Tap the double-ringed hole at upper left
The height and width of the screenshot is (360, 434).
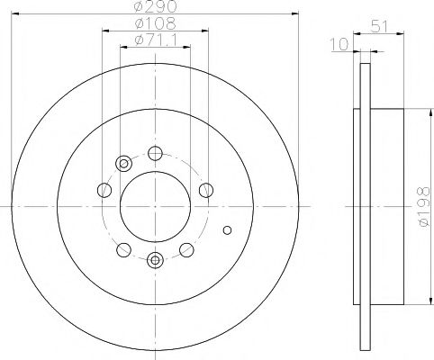click(123, 163)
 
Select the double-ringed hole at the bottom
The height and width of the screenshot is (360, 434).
click(154, 261)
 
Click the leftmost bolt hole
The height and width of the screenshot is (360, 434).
click(104, 190)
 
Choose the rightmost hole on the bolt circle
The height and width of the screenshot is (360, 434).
click(205, 189)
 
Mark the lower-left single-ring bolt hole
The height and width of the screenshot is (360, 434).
click(124, 248)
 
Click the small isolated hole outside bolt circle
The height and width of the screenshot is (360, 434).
click(226, 229)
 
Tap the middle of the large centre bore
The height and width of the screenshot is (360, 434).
click(154, 206)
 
